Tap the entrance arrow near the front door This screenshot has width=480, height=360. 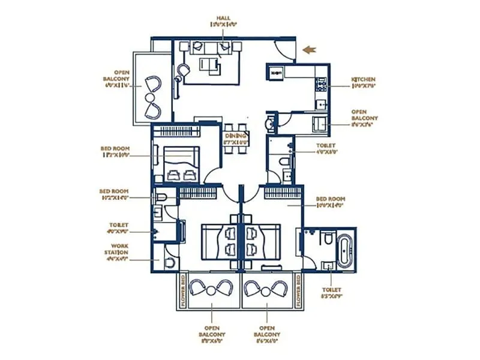tap(310, 50)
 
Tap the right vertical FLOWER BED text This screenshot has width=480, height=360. tap(298, 292)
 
